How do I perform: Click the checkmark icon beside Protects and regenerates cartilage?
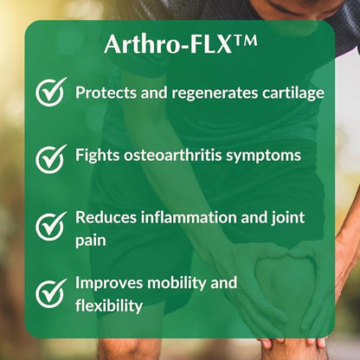click(x=51, y=93)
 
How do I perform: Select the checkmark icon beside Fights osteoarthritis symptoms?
click(x=51, y=157)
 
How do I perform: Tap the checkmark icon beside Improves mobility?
click(x=51, y=292)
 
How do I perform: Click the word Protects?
click(x=106, y=92)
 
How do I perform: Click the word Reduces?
click(x=105, y=217)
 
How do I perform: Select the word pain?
click(x=91, y=239)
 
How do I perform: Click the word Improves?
click(x=109, y=284)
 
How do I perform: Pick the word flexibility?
click(x=108, y=305)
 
